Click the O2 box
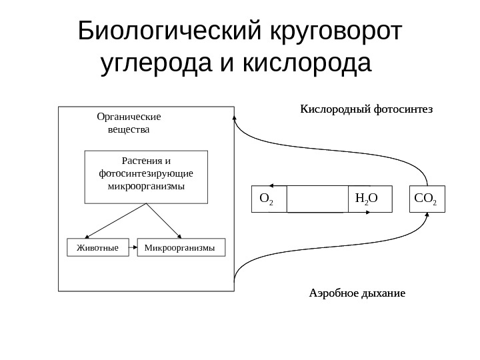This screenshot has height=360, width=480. tap(268, 199)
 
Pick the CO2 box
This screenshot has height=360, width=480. tap(426, 199)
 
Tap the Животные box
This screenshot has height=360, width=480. tap(98, 247)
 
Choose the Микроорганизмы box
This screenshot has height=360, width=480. tap(181, 247)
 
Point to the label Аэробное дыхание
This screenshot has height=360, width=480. tap(357, 293)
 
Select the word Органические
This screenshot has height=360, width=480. tap(129, 115)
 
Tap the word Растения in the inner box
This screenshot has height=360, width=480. tap(138, 161)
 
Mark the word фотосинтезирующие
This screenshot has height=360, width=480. tap(146, 173)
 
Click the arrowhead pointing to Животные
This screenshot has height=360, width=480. tap(104, 235)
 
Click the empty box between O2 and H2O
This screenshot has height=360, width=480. tap(317, 199)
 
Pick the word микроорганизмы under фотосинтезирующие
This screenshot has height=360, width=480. tap(146, 186)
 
